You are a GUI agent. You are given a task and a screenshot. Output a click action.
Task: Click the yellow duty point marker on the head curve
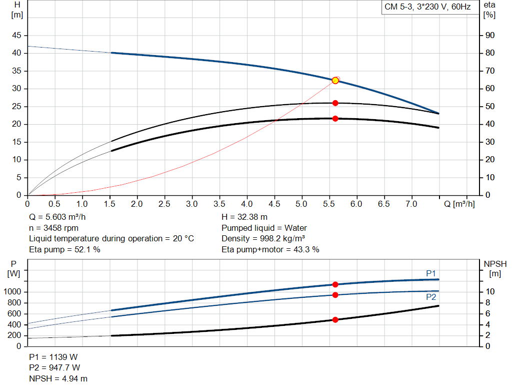[x=335, y=81]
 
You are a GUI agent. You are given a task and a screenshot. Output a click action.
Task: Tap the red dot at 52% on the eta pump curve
[x=335, y=103]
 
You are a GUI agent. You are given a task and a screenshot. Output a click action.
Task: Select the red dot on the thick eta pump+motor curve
[x=335, y=119]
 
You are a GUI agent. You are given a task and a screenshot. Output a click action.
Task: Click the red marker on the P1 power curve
[x=335, y=284]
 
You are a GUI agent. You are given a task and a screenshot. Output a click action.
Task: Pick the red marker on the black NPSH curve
[x=335, y=319]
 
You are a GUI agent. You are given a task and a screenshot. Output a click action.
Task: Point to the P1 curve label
[x=431, y=273]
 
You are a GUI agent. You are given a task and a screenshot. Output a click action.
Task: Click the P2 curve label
[x=431, y=297]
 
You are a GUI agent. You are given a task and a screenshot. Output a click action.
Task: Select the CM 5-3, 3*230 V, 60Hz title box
[x=427, y=8]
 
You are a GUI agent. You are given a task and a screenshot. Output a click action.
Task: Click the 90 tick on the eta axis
[x=488, y=36]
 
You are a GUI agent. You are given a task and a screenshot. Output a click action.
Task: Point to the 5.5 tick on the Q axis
[x=329, y=204]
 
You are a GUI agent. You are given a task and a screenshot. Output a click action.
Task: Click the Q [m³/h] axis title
[x=459, y=204]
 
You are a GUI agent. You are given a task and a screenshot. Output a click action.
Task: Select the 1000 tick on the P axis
[x=13, y=292]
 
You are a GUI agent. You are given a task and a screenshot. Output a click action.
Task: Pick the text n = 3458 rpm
[x=54, y=228]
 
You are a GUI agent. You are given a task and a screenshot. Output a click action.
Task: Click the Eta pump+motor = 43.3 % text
[x=270, y=249]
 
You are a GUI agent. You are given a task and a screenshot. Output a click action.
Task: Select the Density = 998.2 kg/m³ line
[x=263, y=238]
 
